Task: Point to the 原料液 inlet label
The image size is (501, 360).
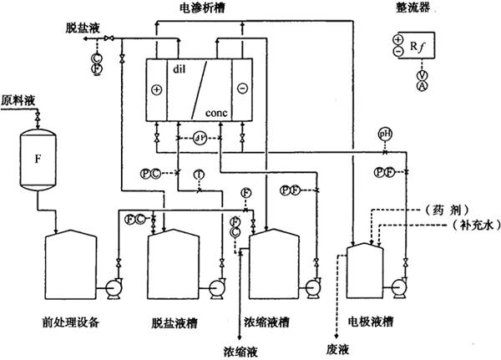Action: coord(18,98)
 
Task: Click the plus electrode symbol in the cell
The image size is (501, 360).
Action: coord(156,88)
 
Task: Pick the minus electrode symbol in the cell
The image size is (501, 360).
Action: coord(241,88)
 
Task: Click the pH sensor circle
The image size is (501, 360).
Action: coord(385,134)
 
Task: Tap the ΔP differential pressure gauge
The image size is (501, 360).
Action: coord(200,136)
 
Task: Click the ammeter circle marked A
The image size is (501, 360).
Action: coord(423,86)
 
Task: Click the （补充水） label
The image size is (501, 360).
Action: coord(468,226)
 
